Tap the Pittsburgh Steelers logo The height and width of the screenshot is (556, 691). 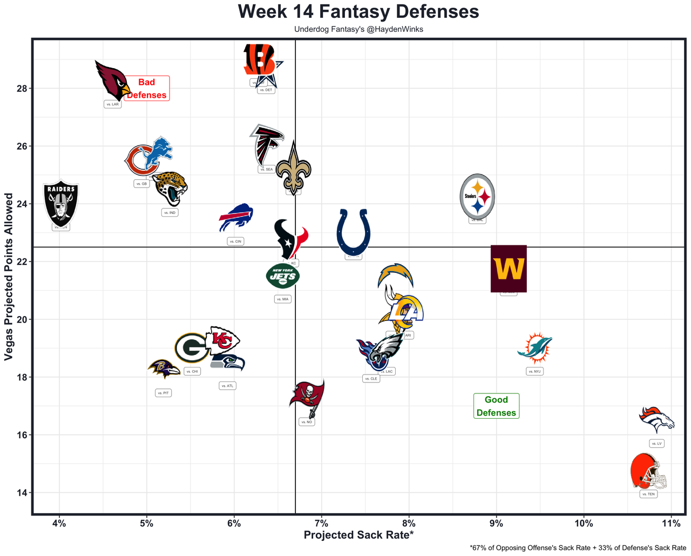pos(477,197)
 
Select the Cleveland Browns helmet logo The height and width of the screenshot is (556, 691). pos(648,472)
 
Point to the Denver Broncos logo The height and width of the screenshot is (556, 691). pos(656,419)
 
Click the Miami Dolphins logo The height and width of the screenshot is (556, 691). pos(534,349)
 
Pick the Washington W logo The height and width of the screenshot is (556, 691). pos(509,269)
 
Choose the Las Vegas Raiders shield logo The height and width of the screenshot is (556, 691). pos(61,203)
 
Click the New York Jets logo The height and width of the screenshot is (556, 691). pos(283,277)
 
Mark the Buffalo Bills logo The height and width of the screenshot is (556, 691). pos(236,218)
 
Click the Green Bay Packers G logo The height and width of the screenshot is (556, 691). pos(192,347)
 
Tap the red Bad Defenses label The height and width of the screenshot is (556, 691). pos(147,88)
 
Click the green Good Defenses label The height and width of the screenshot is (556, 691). pos(496,406)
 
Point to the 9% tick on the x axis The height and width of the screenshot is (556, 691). pos(496,523)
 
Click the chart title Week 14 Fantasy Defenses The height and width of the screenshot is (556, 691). pos(358,12)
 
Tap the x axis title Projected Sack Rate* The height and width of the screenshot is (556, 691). pos(358,535)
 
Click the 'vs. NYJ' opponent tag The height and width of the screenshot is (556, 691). pos(534,371)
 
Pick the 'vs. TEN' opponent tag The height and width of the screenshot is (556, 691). pos(648,494)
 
